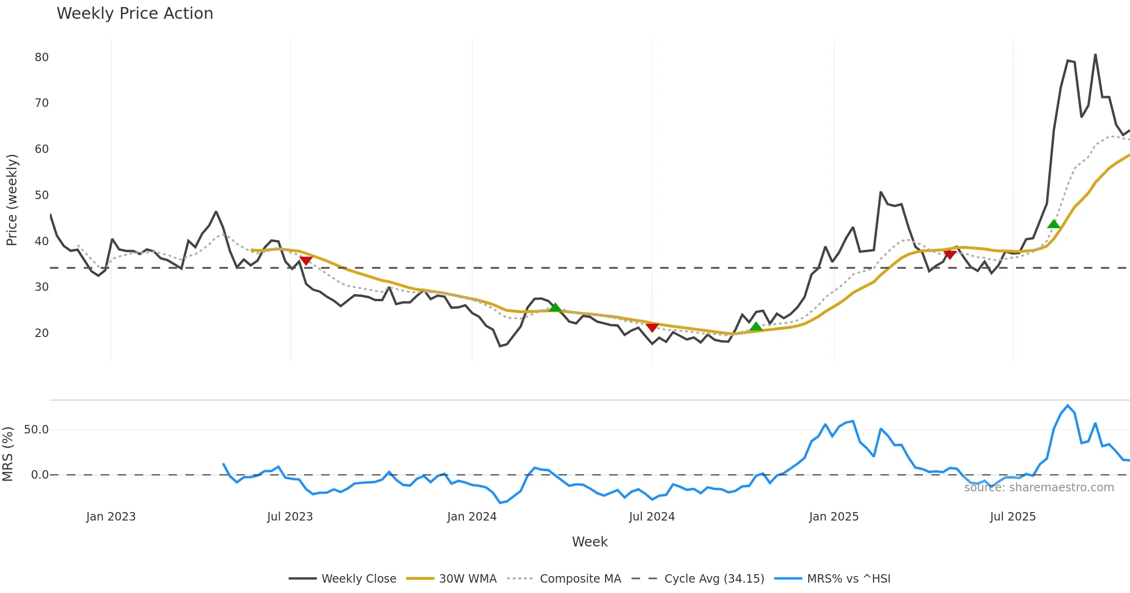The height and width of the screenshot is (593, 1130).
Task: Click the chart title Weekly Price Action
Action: [x=135, y=14]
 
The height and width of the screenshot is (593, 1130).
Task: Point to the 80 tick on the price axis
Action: [x=41, y=57]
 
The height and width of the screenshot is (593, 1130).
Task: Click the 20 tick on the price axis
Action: [x=41, y=333]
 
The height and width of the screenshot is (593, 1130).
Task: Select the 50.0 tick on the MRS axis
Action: [x=36, y=430]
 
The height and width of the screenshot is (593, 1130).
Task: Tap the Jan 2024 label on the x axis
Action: [x=472, y=517]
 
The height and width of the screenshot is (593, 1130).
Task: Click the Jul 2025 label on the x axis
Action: [x=1013, y=517]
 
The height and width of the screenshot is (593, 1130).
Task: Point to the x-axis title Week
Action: [x=589, y=542]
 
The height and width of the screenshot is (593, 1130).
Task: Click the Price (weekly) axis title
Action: [x=12, y=200]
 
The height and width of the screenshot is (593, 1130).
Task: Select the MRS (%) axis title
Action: [x=8, y=454]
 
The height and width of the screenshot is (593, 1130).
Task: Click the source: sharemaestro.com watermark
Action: [x=1039, y=488]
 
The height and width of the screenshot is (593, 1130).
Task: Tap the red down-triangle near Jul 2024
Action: [x=652, y=327]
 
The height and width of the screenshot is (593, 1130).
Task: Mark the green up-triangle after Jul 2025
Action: [x=1054, y=224]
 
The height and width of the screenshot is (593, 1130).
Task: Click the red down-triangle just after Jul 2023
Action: [x=306, y=260]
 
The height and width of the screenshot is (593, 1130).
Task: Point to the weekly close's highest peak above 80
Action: [x=1095, y=55]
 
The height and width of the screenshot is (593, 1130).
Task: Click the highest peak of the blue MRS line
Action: [x=1068, y=405]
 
